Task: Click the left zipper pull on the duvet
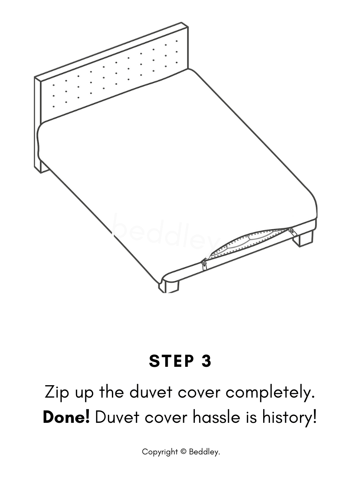[x=204, y=265]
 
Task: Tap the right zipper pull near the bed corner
[x=292, y=231]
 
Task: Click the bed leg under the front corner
[x=169, y=285]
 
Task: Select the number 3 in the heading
[x=206, y=361]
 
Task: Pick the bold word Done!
[x=66, y=417]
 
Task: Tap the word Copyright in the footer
[x=160, y=452]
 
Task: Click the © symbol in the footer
[x=183, y=452]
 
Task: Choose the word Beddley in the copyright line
[x=204, y=452]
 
